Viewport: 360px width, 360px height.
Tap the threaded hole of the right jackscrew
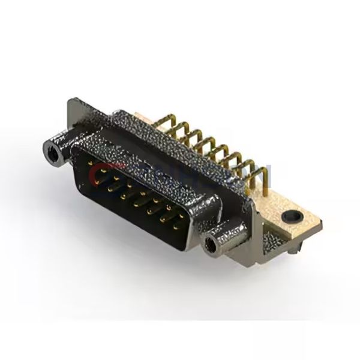click(x=211, y=244)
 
